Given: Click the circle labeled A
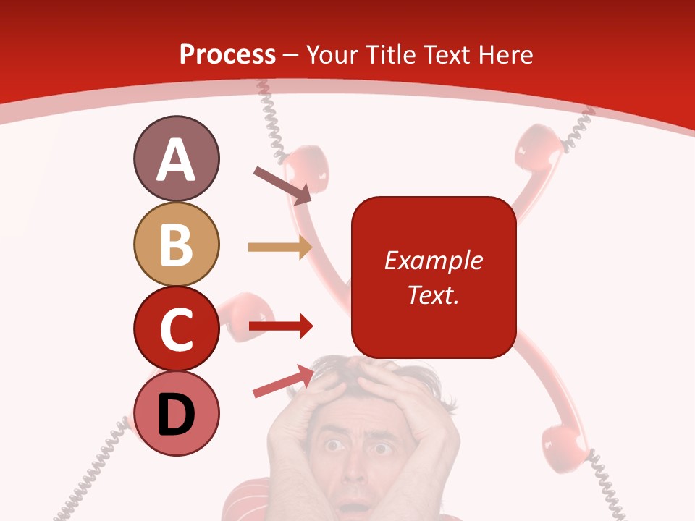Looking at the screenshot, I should tap(176, 158).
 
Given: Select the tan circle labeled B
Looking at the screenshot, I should tap(176, 244).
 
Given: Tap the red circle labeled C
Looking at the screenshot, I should tap(176, 329).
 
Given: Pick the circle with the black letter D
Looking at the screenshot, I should tap(176, 413).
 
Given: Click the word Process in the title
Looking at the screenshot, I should tap(227, 54).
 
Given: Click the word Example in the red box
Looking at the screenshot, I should tap(433, 260).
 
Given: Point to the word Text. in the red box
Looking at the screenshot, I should tap(433, 295).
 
